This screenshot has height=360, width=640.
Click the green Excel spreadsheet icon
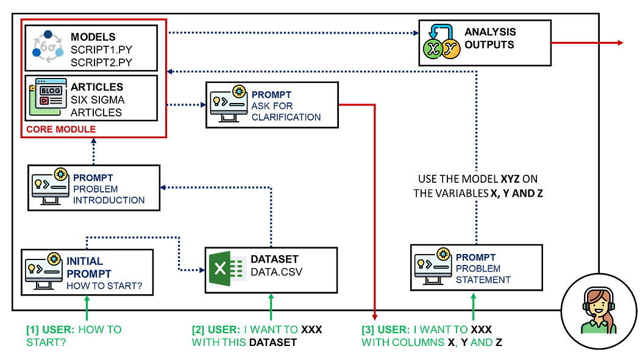click(x=227, y=269)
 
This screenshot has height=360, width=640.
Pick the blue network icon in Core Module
click(x=48, y=46)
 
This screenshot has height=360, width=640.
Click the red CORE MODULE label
click(x=61, y=129)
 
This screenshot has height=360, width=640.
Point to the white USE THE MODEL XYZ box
click(x=478, y=186)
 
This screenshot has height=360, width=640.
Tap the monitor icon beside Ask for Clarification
click(x=227, y=105)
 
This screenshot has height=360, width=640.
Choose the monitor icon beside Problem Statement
click(x=432, y=266)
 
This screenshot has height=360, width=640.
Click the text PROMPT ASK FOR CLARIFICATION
click(x=286, y=106)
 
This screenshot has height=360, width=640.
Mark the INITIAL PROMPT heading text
click(x=89, y=267)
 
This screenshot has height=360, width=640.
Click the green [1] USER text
click(x=74, y=336)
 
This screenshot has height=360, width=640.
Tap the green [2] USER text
click(x=244, y=336)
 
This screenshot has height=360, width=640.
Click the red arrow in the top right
click(x=587, y=43)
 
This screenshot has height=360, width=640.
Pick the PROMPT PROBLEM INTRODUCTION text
click(x=109, y=189)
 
